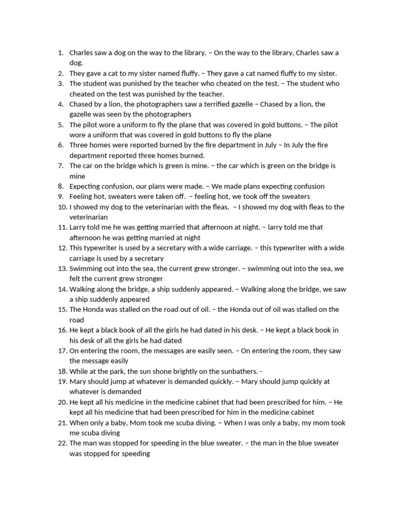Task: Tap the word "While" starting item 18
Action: [79, 371]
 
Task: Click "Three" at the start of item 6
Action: [79, 145]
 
